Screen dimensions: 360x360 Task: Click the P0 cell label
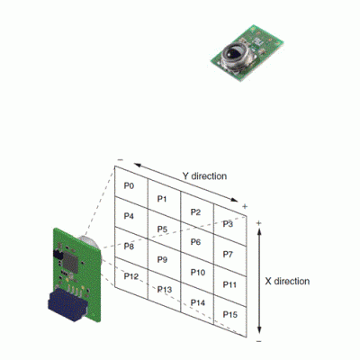tap(129, 186)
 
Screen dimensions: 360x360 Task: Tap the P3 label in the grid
tap(228, 224)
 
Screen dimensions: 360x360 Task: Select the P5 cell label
tap(162, 229)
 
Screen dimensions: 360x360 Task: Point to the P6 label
tap(195, 242)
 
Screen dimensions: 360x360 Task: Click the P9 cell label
tap(162, 259)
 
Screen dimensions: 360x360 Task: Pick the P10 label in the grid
tap(198, 273)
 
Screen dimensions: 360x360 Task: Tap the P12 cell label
tap(131, 276)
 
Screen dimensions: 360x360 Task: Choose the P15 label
tap(230, 314)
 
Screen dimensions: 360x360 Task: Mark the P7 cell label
tap(228, 255)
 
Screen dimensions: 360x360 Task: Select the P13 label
tap(165, 290)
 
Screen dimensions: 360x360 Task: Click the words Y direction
tap(204, 176)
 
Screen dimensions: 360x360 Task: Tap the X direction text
tap(287, 282)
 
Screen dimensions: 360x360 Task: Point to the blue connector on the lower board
tap(67, 305)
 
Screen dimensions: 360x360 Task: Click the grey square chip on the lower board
tap(70, 262)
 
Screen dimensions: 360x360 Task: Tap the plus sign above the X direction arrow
tap(259, 223)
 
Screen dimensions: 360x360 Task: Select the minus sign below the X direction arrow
tap(259, 341)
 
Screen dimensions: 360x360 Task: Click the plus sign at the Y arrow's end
tap(245, 206)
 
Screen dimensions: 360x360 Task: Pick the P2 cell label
tap(195, 212)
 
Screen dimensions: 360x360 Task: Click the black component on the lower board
tap(58, 255)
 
